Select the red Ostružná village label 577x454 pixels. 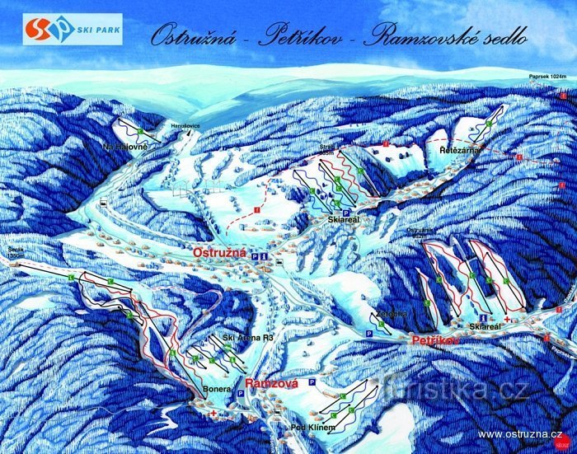click(220, 252)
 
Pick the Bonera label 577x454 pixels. click(215, 389)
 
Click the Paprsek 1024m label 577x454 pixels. click(548, 77)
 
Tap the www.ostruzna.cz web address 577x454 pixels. click(519, 433)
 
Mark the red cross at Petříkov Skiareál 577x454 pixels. click(506, 318)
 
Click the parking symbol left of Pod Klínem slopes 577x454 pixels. click(312, 383)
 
